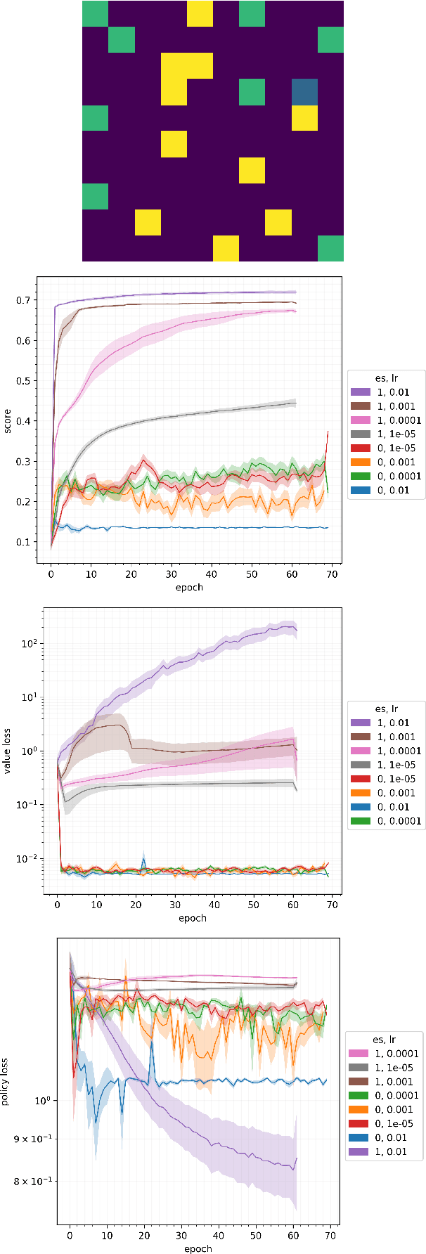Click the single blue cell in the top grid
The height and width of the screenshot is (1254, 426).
(x=304, y=92)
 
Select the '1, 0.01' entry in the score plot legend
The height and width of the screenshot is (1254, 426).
(x=386, y=392)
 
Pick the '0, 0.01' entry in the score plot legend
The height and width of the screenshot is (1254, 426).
(x=386, y=490)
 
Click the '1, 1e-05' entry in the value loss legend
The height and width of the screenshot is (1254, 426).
(x=386, y=765)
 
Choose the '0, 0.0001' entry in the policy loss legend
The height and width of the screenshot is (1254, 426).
(x=386, y=1095)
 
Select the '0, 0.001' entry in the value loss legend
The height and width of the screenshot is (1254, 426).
(x=386, y=793)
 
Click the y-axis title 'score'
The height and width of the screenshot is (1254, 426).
(x=8, y=420)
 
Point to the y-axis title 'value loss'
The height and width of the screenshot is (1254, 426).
(x=8, y=751)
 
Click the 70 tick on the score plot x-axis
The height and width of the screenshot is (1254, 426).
(x=332, y=574)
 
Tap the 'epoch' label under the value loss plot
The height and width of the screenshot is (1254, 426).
(x=192, y=918)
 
